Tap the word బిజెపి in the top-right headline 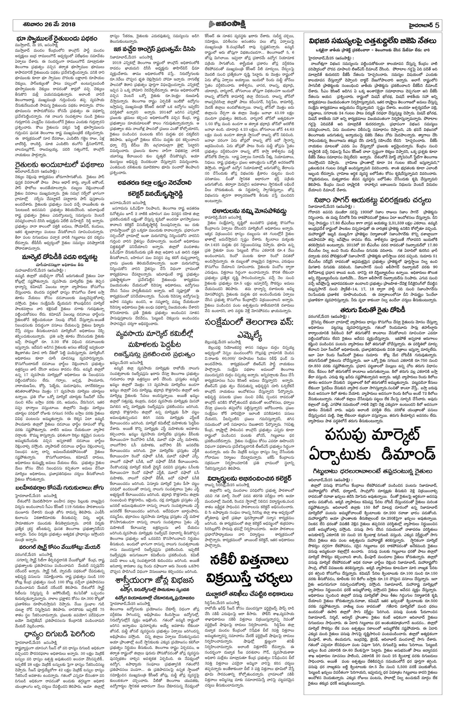tap(401, 41)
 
